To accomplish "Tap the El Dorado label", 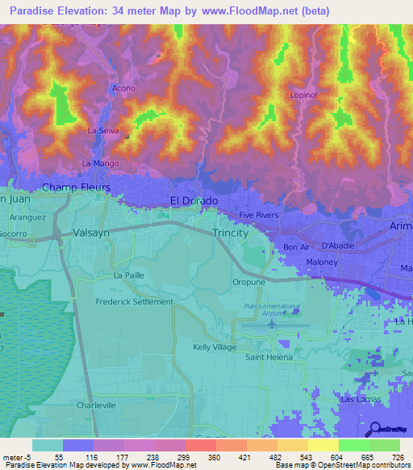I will pos(193,200).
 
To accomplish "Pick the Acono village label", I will pos(123,88).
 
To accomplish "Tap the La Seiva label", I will pos(103,130).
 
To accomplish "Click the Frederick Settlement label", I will pos(134,302).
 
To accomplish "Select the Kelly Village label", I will pos(214,346).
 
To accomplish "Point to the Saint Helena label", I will pos(269,357).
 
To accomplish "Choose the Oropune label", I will pos(248,283).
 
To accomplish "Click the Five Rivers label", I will pos(258,215).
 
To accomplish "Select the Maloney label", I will pos(321,261).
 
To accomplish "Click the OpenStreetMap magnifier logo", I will pos(374,429).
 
